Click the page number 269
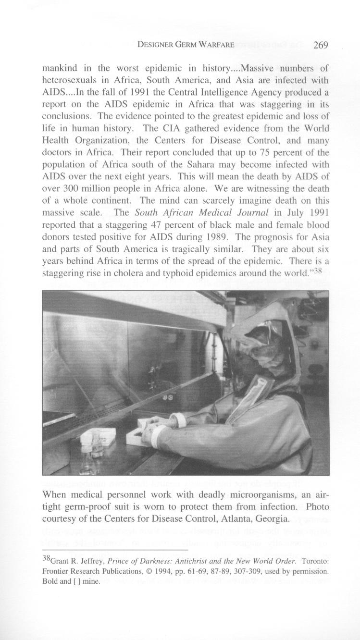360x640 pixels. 320,45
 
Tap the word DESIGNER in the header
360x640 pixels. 155,45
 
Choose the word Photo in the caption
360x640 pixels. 318,507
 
